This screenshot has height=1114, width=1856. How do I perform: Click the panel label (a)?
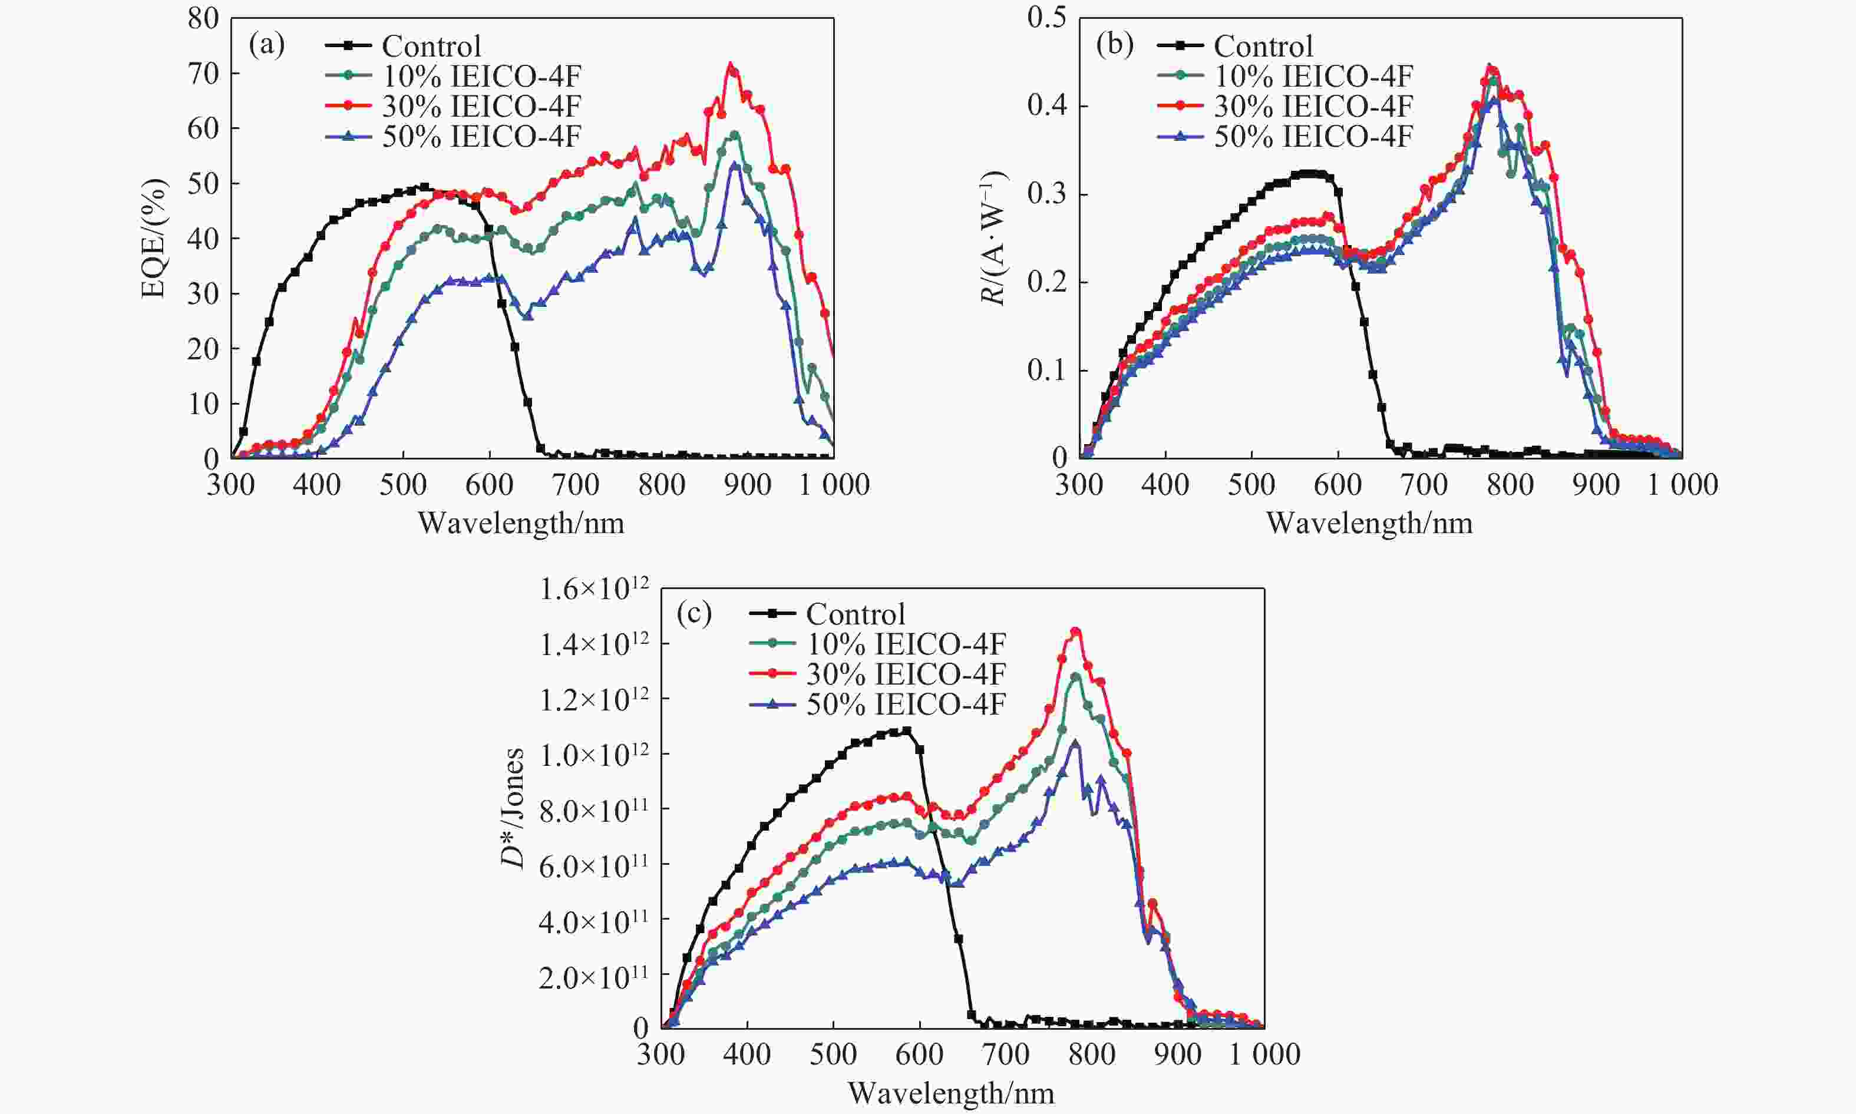pyautogui.click(x=266, y=46)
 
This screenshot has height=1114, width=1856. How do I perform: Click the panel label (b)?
pyautogui.click(x=1114, y=46)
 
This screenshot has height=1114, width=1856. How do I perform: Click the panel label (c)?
pyautogui.click(x=693, y=613)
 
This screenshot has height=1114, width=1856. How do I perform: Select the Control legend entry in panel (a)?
pyautogui.click(x=431, y=47)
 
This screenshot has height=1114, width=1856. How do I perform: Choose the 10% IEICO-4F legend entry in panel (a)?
pyautogui.click(x=481, y=77)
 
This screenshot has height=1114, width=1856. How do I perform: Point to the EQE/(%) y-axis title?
pyautogui.click(x=153, y=239)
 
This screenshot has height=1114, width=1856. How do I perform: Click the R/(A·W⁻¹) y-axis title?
pyautogui.click(x=993, y=239)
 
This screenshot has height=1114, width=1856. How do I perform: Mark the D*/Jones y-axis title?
pyautogui.click(x=513, y=808)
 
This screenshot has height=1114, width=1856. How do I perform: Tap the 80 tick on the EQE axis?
pyautogui.click(x=203, y=19)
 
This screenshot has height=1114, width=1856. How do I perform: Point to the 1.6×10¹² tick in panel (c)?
pyautogui.click(x=594, y=589)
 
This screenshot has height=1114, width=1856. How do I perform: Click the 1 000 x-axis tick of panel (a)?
pyautogui.click(x=833, y=485)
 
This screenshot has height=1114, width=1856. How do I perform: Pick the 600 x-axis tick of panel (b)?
pyautogui.click(x=1337, y=485)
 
